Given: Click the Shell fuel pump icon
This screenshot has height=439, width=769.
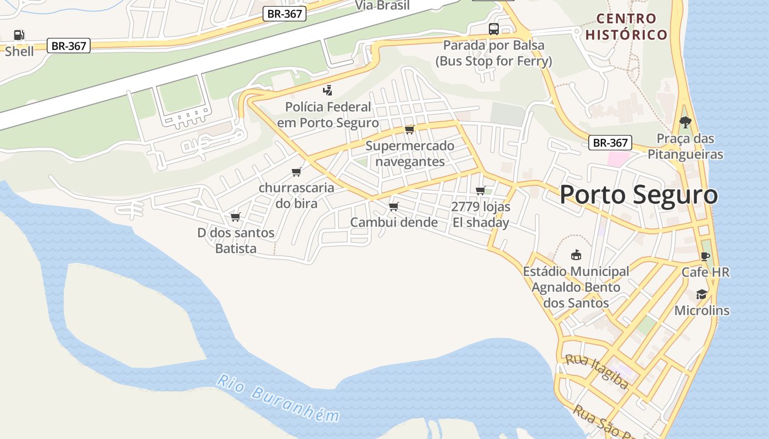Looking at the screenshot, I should click(x=19, y=35).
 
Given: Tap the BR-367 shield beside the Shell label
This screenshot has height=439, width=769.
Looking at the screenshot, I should click(x=69, y=46).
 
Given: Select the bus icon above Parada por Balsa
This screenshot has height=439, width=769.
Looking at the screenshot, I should click(x=494, y=29).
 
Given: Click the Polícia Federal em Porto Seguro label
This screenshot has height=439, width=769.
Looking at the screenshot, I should click(x=328, y=115).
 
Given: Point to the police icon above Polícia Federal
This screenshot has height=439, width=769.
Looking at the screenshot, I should click(x=328, y=91).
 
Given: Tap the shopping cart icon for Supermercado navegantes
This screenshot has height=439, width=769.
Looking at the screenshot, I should click(x=409, y=130).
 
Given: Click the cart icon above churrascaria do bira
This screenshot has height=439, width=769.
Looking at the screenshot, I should click(x=297, y=172).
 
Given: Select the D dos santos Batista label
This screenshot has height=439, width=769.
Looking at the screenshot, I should click(x=236, y=240).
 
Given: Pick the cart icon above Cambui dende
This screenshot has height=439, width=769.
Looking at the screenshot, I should click(x=393, y=206).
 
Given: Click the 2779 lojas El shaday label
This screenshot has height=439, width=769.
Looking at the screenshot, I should click(x=481, y=215).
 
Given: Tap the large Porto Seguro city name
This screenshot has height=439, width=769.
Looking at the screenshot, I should click(x=638, y=195).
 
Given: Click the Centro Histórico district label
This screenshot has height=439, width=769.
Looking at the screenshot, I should click(x=626, y=27).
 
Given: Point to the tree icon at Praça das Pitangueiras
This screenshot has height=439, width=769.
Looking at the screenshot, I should click(x=685, y=122).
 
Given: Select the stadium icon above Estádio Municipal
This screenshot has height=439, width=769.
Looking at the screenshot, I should click(x=576, y=255).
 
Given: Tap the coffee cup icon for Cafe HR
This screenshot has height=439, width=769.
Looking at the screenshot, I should click(x=705, y=256).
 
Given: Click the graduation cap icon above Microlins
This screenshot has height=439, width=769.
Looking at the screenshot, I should click(x=701, y=295).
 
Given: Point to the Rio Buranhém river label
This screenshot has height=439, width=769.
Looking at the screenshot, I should click(x=277, y=398).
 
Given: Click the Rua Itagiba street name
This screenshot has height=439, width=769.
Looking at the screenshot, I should click(x=597, y=372).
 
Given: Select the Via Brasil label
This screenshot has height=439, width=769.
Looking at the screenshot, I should click(x=382, y=5).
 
